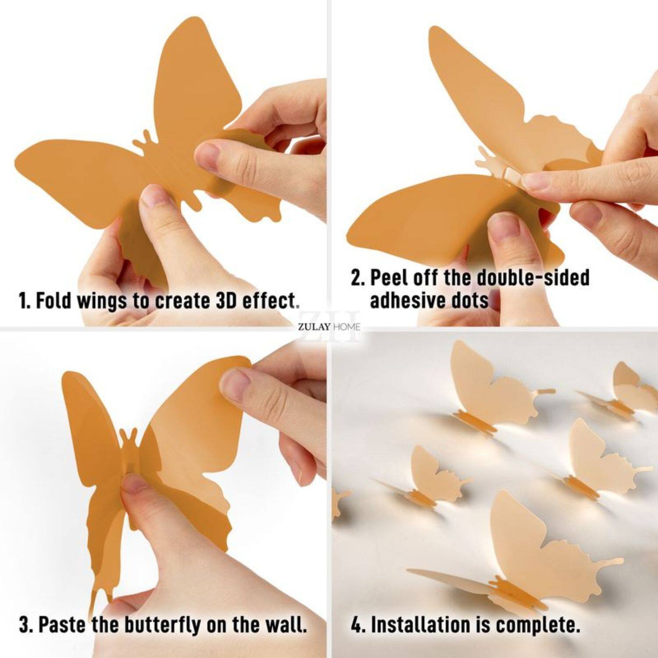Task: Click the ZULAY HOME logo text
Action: point(329,326)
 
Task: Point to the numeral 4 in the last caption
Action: point(356,625)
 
